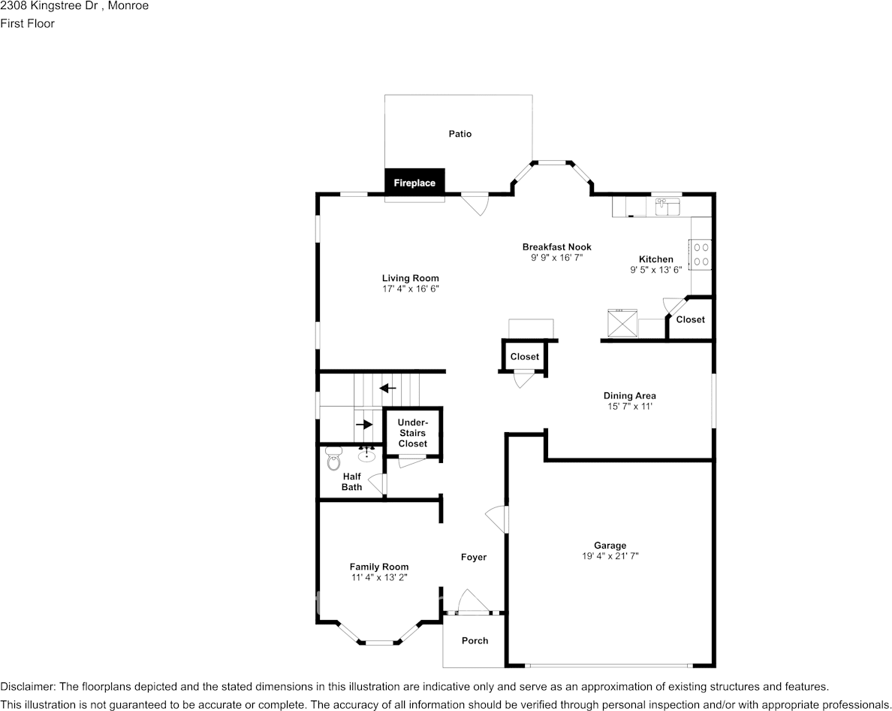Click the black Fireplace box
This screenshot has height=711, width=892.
pos(414,182)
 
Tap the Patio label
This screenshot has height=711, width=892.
pos(460,134)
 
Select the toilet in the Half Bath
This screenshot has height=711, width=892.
pos(333,458)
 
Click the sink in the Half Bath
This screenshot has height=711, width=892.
pos(366,454)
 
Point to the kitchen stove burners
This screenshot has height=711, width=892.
pos(701,255)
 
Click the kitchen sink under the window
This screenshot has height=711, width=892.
pos(667,207)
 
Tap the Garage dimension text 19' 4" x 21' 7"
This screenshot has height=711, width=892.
pos(610,556)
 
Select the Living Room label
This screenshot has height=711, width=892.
pos(410,278)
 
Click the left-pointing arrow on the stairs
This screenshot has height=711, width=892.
pos(388,389)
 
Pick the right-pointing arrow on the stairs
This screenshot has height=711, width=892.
pos(364,425)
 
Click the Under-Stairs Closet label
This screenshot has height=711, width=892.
pos(412,433)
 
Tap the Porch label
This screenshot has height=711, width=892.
pos(475,641)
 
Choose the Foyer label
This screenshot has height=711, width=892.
pos(474,558)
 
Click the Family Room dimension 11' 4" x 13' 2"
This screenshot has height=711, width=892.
pos(379,577)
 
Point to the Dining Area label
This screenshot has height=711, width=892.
pos(630,395)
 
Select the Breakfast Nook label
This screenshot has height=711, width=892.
pos(557,247)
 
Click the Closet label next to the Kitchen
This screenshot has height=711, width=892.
pos(691,320)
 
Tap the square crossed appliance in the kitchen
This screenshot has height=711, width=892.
pos(623,323)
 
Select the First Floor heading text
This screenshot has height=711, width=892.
pos(27,23)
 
